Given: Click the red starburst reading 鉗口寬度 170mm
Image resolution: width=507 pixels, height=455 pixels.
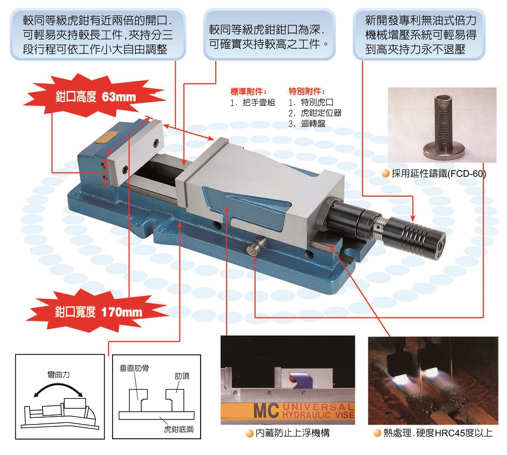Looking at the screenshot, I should [x=99, y=311].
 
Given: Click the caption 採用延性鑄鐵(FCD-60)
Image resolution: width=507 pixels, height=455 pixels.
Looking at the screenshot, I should [x=438, y=174].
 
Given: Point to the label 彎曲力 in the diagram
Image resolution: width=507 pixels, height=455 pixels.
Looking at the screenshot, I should [x=59, y=374].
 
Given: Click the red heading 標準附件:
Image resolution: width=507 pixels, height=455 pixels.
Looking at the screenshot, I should [x=248, y=91].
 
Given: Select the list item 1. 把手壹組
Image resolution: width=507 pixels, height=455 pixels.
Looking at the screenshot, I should [x=252, y=103].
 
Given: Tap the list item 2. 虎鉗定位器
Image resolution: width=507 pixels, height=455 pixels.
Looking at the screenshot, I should [x=314, y=113].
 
